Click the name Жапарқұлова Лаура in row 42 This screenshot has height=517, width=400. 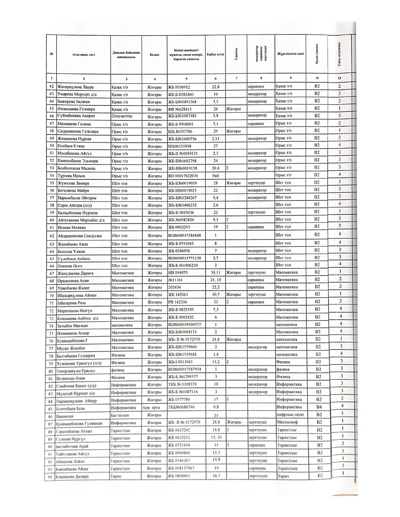pos(75,87)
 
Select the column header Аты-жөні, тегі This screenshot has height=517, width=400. pos(83,55)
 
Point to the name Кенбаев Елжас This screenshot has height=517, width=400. pos(71,146)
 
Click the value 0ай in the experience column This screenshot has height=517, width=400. pos(215,176)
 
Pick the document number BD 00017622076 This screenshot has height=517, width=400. pos(183,176)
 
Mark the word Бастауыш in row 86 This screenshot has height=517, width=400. pos(120,415)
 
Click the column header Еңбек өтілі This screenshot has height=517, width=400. pos(216,55)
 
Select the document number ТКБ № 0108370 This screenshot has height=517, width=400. pos(183,384)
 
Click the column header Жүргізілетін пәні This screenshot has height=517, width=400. pos(290,54)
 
